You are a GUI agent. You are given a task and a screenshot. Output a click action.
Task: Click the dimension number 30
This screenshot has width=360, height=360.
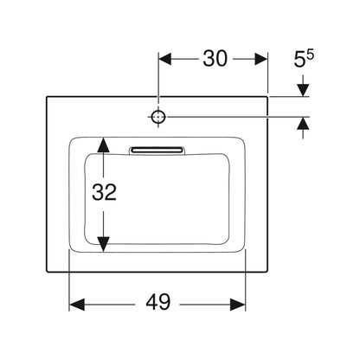pos(215,59)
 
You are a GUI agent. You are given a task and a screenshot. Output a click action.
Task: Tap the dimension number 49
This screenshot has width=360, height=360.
pos(158,302)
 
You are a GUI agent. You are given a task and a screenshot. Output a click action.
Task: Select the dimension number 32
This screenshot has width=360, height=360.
pos(104,192)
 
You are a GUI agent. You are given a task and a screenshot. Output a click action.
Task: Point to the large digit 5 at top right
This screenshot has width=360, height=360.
pos(299,60)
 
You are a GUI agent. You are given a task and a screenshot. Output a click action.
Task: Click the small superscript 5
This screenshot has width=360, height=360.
pos(310,55)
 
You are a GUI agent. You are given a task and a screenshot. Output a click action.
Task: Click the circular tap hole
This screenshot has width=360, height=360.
pos(158,117)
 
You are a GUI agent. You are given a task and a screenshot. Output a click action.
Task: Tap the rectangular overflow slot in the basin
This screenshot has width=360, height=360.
pos(157,150)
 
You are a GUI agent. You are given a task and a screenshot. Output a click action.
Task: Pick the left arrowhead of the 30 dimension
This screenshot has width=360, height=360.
pos(165,59)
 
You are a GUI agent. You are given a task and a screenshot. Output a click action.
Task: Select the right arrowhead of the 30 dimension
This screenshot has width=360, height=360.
pos(261,59)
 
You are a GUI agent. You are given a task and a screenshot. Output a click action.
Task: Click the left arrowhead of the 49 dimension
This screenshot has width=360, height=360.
pos(77,305)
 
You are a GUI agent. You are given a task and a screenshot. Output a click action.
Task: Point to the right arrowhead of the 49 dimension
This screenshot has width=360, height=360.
pos(238,305)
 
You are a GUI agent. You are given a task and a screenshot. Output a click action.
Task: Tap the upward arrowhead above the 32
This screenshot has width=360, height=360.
pos(103,145)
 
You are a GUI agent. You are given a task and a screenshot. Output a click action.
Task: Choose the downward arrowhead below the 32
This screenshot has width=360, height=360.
pos(103,244)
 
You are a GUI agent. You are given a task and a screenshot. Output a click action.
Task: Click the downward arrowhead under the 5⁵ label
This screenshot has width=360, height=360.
pos(303,90)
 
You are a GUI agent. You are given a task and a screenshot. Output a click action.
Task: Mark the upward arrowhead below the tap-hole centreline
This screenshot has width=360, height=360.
pos(303,124)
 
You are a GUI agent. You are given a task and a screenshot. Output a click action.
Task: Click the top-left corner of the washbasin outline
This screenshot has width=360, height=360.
pos(47,97)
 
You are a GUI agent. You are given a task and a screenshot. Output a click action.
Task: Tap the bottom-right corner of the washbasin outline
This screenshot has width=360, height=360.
pos(267,272)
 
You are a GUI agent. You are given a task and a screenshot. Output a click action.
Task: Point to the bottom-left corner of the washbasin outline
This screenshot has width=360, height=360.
pos(47,272)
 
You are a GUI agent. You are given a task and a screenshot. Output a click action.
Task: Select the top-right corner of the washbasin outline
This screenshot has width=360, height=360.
pos(267,97)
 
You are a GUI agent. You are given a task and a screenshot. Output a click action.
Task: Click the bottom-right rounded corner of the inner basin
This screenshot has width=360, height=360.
pos(227,241)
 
